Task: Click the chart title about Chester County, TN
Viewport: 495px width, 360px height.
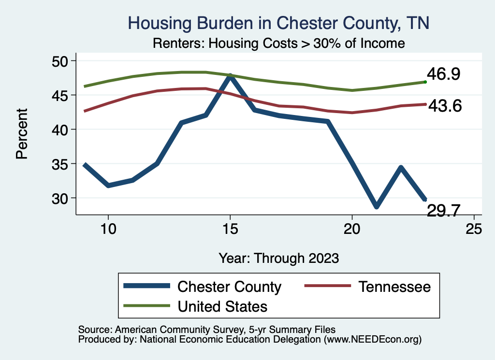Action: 278,23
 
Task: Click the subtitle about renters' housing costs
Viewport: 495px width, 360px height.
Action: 278,43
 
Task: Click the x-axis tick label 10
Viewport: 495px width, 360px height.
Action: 108,229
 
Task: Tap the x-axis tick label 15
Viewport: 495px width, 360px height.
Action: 230,229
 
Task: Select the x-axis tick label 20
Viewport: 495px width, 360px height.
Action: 352,229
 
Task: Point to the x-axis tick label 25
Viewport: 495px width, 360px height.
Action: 474,229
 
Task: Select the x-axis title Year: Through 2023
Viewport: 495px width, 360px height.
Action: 278,258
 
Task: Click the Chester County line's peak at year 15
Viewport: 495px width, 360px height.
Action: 230,76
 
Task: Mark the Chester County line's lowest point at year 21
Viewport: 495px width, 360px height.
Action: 376,206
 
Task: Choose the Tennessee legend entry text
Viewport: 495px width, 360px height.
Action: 394,287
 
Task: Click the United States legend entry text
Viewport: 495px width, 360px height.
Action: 222,306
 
